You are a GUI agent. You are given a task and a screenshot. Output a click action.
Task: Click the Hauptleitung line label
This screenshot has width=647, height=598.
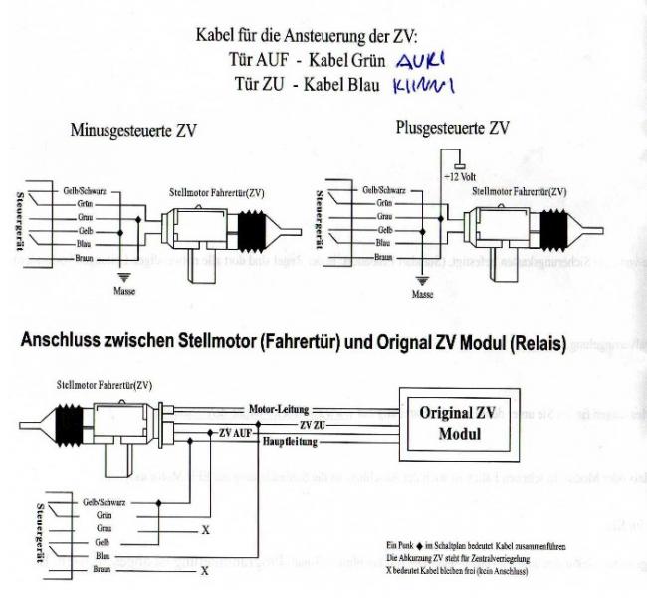tap(287, 440)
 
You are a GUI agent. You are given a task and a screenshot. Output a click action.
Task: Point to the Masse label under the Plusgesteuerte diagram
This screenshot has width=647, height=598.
tap(423, 295)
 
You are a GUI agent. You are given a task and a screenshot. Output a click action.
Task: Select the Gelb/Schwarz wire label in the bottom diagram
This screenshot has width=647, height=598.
tap(104, 502)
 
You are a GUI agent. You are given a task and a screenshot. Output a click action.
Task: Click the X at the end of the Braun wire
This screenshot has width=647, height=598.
tap(205, 571)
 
